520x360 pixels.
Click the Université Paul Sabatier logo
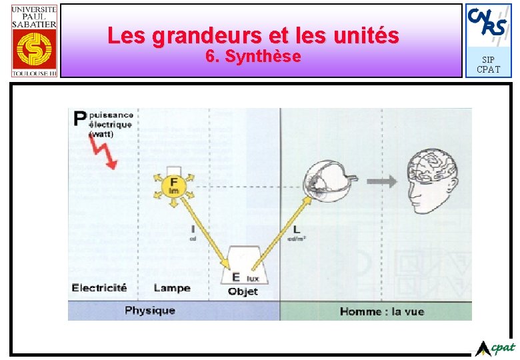coord(33,40)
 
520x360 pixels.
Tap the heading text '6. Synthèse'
coord(253,57)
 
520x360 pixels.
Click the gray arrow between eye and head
coord(380,181)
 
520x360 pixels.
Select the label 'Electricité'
coord(99,288)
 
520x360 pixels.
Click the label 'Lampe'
coord(171,288)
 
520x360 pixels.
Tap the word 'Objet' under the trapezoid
coord(243,291)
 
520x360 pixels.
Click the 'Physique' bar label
coord(149,310)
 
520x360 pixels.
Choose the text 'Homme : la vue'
coord(381,311)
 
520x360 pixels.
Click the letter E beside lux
coord(235,277)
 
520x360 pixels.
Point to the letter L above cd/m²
coord(296,230)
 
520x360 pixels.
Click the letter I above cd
coord(192,229)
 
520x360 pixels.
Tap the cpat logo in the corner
coord(496,347)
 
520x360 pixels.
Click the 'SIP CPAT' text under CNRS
coord(488,65)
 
